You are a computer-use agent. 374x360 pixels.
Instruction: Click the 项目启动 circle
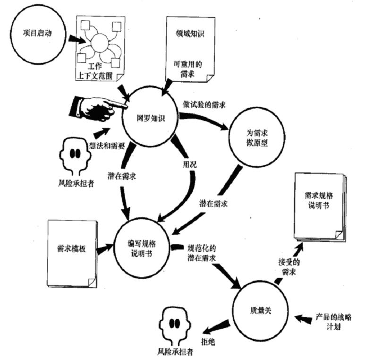point(36,34)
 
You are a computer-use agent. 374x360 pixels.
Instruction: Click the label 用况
point(190,164)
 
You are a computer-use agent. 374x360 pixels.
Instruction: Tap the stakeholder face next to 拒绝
point(175,326)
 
